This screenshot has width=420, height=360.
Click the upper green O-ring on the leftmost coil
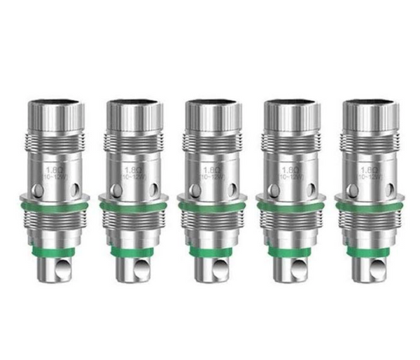pyautogui.click(x=52, y=205)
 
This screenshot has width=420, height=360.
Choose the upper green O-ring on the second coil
pyautogui.click(x=132, y=205)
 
